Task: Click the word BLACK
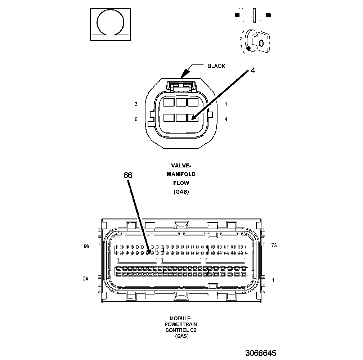pyautogui.click(x=216, y=66)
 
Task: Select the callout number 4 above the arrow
pyautogui.click(x=252, y=71)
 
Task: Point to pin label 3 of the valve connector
pyautogui.click(x=136, y=104)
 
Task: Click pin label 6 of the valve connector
pyautogui.click(x=136, y=119)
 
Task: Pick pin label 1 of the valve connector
pyautogui.click(x=226, y=104)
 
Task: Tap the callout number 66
pyautogui.click(x=128, y=175)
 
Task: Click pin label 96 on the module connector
pyautogui.click(x=86, y=246)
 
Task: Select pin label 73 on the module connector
pyautogui.click(x=274, y=246)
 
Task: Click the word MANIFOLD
pyautogui.click(x=181, y=174)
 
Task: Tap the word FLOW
pyautogui.click(x=181, y=183)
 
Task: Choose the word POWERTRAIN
pyautogui.click(x=181, y=324)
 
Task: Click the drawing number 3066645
pyautogui.click(x=261, y=353)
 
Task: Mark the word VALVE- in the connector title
pyautogui.click(x=181, y=166)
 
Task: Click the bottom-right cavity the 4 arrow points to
pyautogui.click(x=193, y=117)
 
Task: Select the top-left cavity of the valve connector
pyautogui.click(x=169, y=102)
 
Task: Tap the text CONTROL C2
pyautogui.click(x=181, y=330)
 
